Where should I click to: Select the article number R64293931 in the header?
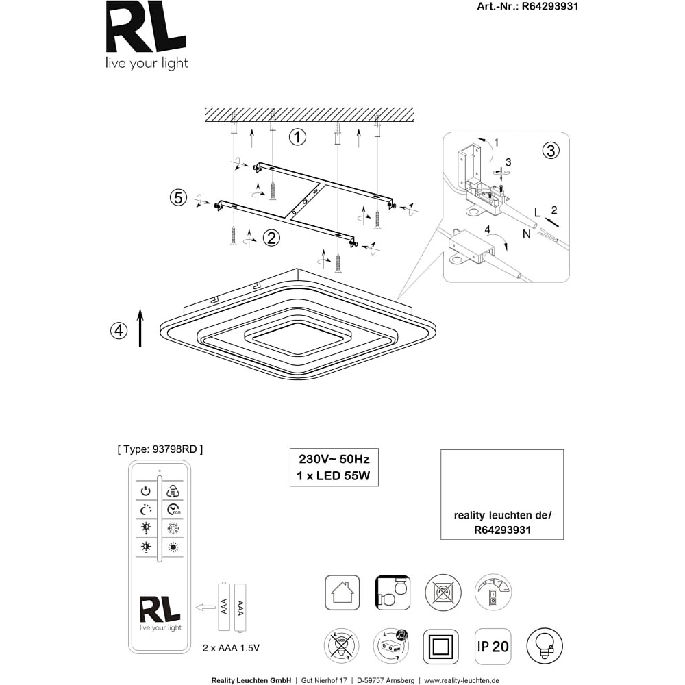550,6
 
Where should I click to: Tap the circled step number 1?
297,137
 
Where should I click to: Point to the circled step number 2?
271,238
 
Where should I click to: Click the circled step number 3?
551,150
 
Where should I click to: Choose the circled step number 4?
119,330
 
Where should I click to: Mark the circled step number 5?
178,197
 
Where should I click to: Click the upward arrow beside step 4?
140,327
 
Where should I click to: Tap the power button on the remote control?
145,491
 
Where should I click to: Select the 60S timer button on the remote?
173,510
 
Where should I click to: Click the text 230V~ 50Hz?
334,459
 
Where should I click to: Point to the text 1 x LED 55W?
334,476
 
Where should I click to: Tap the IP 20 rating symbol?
493,646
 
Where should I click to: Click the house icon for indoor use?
342,593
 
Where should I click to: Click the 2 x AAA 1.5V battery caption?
231,648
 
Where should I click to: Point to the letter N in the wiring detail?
526,234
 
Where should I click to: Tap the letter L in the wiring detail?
537,213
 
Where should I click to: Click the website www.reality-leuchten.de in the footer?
462,680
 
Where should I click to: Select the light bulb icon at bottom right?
545,646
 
